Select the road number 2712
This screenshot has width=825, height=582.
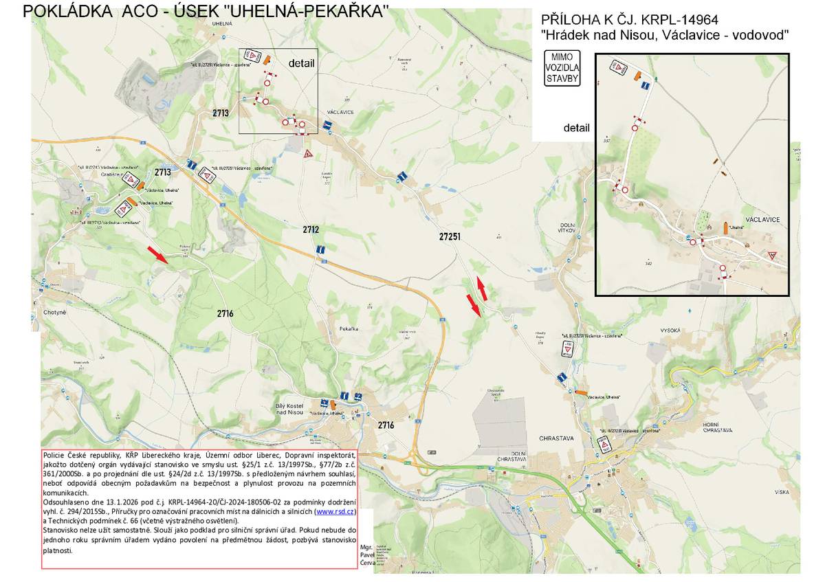[x=311, y=230]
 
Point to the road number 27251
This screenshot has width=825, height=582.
[x=450, y=236]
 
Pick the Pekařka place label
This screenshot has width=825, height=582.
[x=349, y=329]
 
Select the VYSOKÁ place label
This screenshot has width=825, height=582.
[x=669, y=331]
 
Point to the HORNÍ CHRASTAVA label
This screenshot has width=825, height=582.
[x=717, y=427]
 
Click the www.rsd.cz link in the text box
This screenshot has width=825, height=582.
[x=335, y=512]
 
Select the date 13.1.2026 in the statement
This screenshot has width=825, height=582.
[x=109, y=503]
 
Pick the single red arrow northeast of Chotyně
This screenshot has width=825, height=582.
[x=157, y=255]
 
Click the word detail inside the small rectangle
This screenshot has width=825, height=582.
[x=301, y=63]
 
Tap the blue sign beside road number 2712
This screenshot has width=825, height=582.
[x=320, y=251]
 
